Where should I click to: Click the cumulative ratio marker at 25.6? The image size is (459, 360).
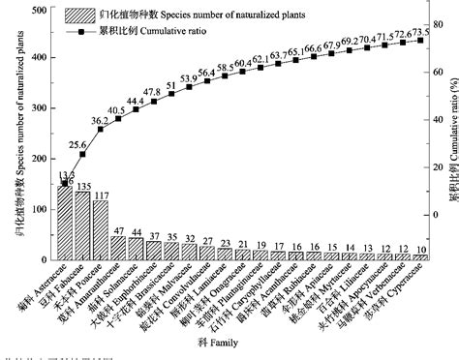pos(82,154)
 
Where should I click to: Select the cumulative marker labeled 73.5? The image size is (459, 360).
pos(420,40)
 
